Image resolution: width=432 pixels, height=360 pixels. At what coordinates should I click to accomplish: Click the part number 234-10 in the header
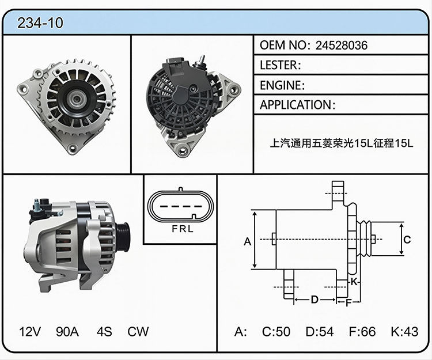[x=40, y=23]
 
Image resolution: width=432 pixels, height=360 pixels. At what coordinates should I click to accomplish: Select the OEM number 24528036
[x=342, y=45]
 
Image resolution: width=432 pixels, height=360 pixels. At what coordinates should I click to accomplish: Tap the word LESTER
[x=279, y=65]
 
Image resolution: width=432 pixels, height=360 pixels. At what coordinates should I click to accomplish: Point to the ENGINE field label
[x=281, y=85]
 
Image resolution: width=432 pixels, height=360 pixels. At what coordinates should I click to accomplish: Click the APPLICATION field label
[x=296, y=105]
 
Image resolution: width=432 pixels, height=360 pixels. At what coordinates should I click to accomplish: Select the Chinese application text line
[x=342, y=143]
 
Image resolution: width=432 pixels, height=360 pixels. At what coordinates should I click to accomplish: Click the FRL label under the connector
[x=183, y=229]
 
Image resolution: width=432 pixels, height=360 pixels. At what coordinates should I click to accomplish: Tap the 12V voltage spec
[x=30, y=332]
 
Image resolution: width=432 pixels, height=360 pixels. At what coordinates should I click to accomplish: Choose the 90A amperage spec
[x=67, y=332]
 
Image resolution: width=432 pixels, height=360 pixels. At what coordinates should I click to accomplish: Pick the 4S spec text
[x=104, y=332]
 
